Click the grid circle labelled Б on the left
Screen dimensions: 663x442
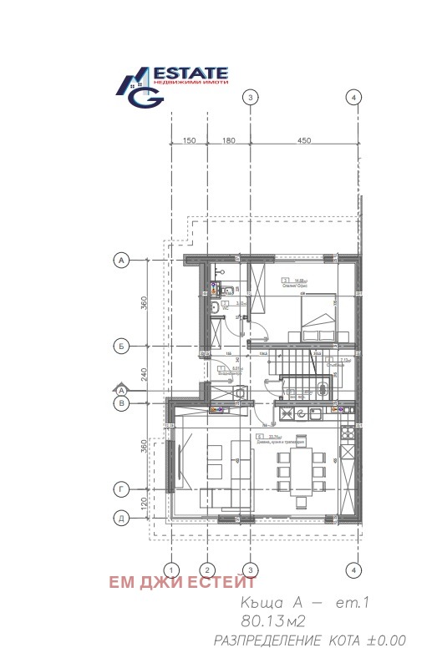(x=120, y=344)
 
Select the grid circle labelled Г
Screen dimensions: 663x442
(x=120, y=488)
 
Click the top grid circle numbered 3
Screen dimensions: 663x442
(x=249, y=98)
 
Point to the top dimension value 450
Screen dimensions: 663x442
(x=302, y=141)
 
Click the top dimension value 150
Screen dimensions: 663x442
(x=189, y=141)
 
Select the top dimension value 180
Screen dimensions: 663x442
(x=228, y=141)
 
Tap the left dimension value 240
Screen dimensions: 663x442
(x=144, y=374)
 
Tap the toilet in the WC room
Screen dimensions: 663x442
(x=214, y=310)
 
